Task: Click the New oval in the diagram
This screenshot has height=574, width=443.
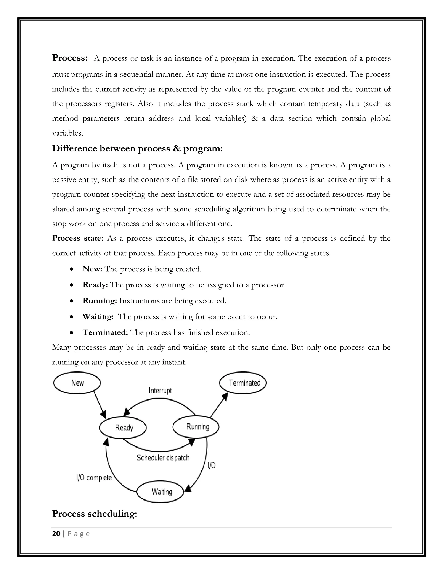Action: (77, 383)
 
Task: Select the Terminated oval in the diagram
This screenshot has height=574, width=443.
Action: (243, 383)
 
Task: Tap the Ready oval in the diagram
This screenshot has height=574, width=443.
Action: (123, 428)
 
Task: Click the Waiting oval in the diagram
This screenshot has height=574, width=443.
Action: (160, 492)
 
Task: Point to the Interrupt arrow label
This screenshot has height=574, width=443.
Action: (160, 391)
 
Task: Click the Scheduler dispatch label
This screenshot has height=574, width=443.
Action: (163, 458)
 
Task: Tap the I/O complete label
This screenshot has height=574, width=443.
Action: (94, 478)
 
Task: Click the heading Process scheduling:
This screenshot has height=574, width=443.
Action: (95, 514)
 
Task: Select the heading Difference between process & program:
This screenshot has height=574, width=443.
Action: (137, 149)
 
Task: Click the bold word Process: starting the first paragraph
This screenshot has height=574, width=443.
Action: (70, 58)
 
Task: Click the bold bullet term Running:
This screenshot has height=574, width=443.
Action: (100, 301)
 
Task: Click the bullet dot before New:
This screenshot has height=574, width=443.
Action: (71, 269)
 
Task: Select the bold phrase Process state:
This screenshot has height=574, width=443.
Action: (78, 238)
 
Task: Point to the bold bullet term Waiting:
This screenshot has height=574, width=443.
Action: (98, 316)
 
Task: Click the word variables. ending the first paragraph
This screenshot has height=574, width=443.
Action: (67, 133)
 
